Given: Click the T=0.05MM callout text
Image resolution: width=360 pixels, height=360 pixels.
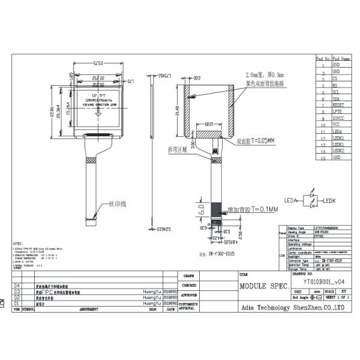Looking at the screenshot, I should (257, 142).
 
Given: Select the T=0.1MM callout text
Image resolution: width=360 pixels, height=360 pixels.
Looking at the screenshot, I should (251, 209).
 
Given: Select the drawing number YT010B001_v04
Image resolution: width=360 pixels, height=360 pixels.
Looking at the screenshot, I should (323, 280).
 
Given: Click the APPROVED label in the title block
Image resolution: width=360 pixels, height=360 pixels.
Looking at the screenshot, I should (189, 295).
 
